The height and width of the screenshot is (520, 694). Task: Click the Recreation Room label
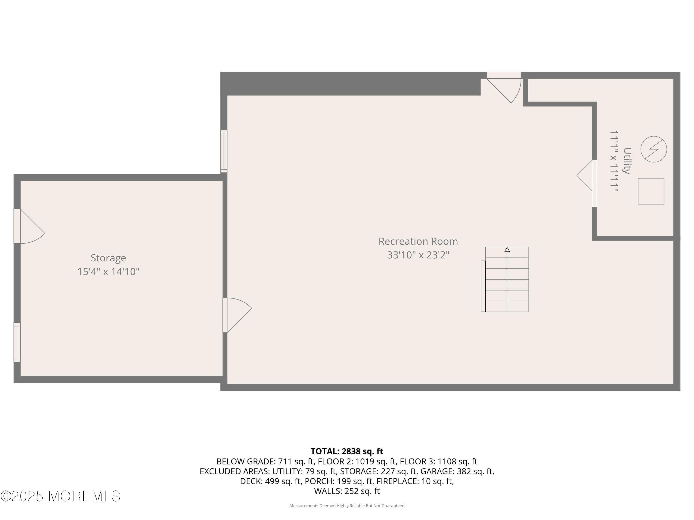point(418,241)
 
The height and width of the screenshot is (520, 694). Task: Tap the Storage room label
point(108,258)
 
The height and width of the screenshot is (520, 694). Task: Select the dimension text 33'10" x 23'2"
point(418,255)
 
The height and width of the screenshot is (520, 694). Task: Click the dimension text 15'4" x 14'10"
point(108,272)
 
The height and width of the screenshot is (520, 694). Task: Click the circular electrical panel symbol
point(654,149)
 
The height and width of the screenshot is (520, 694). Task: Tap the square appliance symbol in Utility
point(651,191)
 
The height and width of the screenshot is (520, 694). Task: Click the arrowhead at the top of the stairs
point(507,250)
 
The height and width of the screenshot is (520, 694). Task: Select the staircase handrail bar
point(483,286)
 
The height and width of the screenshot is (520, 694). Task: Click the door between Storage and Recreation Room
point(235,315)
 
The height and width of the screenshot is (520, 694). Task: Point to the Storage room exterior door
point(28,226)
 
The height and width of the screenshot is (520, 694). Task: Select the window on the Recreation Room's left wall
point(224,151)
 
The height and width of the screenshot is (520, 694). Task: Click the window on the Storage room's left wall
point(17,343)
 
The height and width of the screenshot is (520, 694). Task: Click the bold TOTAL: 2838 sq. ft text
point(347,451)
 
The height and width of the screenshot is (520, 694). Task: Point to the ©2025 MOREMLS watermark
point(60,496)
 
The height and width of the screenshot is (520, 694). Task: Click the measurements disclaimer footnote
point(347,506)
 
